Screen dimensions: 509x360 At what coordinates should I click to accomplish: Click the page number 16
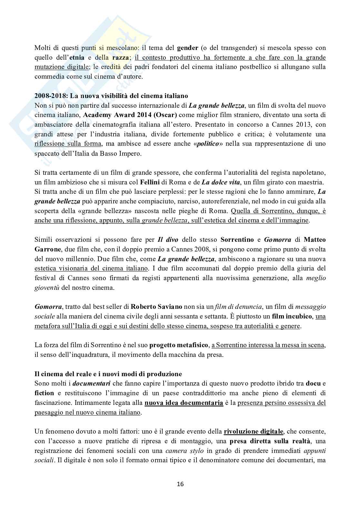pyautogui.click(x=180, y=484)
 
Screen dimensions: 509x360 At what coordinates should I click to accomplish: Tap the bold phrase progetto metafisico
pyautogui.click(x=179, y=345)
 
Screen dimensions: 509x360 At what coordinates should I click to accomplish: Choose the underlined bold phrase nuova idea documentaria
pyautogui.click(x=184, y=403)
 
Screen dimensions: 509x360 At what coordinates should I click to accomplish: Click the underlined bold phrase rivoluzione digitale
pyautogui.click(x=254, y=431)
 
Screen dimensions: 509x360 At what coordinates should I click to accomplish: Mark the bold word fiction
pyautogui.click(x=45, y=393)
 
